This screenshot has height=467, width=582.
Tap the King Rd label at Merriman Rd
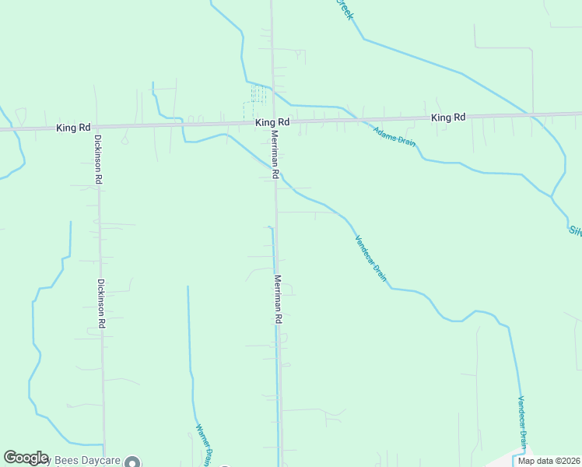272,122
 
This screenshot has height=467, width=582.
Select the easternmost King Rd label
448,118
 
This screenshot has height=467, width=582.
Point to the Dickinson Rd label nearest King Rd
99,159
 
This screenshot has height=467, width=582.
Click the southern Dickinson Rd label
101,302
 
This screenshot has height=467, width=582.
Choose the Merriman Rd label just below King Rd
274,152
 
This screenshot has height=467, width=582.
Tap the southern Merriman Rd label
277,299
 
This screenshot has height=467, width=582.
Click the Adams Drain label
394,136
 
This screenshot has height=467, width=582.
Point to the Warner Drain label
204,445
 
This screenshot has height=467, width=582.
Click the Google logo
26,458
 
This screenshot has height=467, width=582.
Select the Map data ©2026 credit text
549,461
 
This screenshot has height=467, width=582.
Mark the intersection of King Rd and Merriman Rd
272,123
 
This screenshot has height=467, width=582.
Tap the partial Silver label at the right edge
575,230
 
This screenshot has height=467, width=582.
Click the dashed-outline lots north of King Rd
258,95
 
